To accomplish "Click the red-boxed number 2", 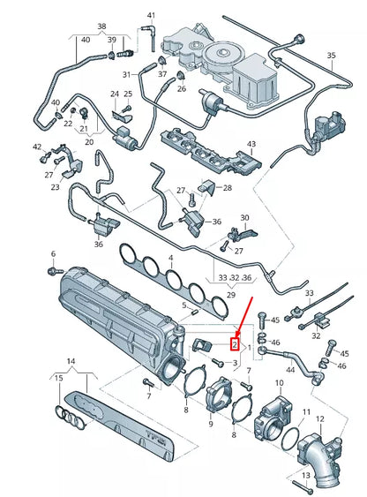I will [x=235, y=344].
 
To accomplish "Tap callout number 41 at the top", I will [x=151, y=16].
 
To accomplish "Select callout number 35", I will [x=331, y=56].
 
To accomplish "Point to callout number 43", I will [x=251, y=144].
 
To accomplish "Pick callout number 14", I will [x=71, y=362].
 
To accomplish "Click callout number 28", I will [x=227, y=188].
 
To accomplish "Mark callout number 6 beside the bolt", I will [x=52, y=253].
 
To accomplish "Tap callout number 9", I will [x=210, y=424].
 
